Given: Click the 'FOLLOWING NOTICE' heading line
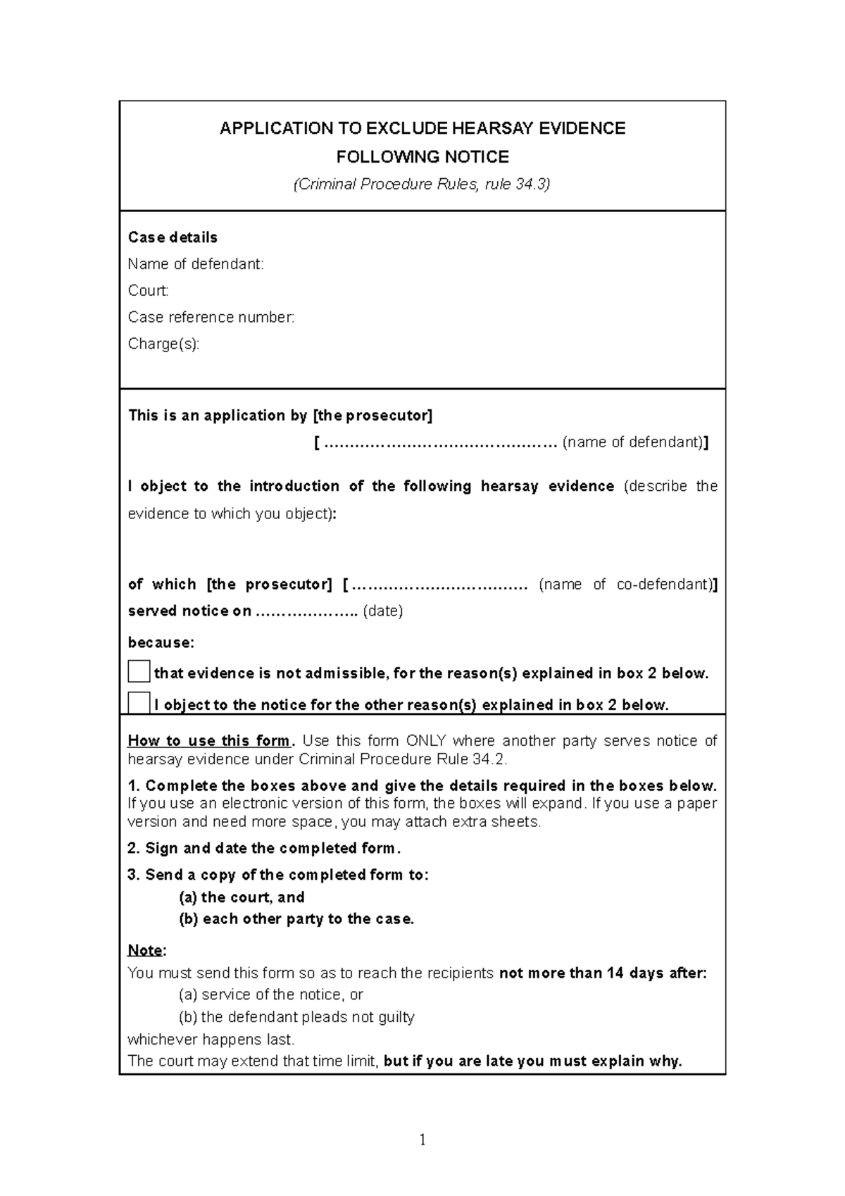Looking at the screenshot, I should (423, 156).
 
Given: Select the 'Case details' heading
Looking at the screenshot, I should (173, 237).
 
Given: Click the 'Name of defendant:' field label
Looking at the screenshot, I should (196, 264).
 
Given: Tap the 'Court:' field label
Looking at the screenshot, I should (148, 291).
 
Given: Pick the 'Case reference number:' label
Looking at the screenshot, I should (211, 318).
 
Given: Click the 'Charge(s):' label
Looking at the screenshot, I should (163, 344).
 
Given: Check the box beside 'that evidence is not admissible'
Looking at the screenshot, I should (139, 672).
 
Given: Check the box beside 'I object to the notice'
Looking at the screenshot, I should (139, 704).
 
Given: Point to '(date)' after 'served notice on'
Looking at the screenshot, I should (382, 611).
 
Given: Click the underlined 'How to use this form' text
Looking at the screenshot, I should (208, 741).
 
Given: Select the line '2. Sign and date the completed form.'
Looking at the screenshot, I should (264, 848).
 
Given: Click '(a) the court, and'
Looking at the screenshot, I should (242, 897).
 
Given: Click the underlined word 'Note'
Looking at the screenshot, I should (145, 950).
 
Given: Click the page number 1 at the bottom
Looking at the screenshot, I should (423, 1140).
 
